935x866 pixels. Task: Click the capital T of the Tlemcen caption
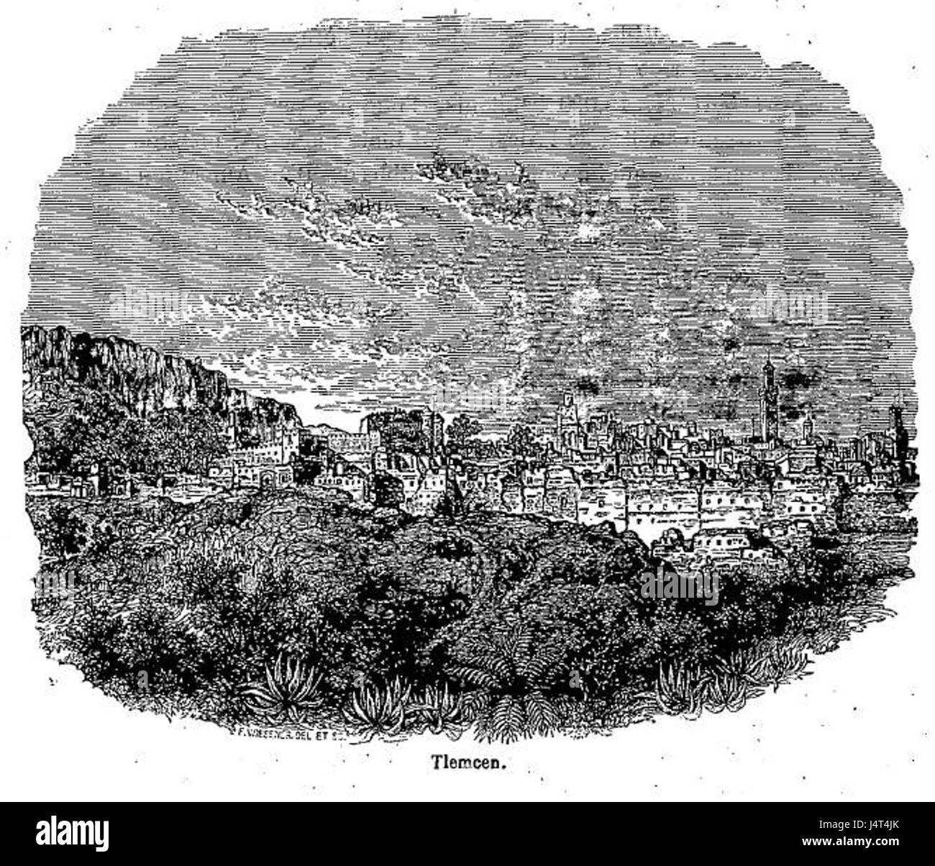434,762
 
